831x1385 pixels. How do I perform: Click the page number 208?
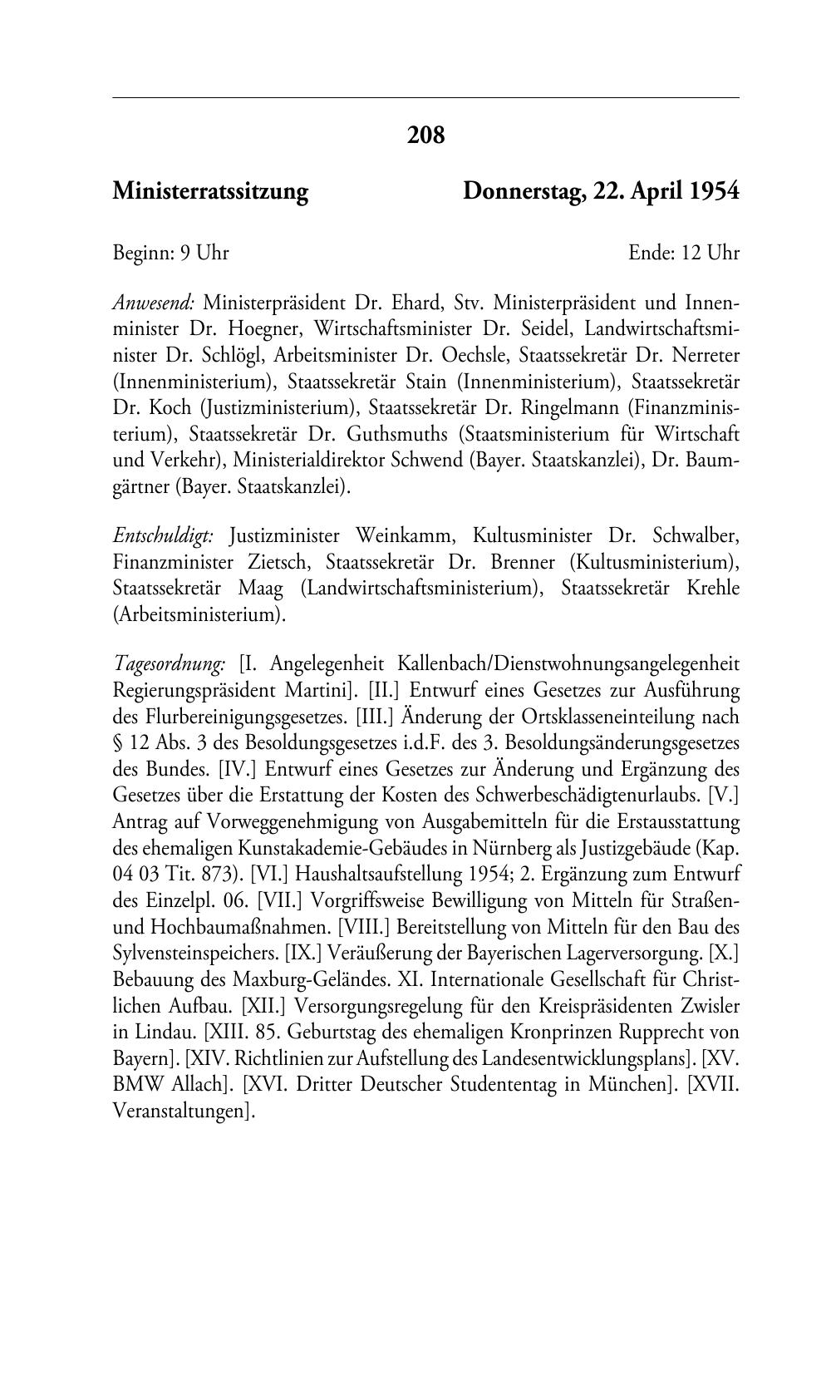[425, 134]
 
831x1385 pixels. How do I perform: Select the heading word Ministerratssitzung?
[210, 192]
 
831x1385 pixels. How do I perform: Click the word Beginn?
[144, 253]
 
